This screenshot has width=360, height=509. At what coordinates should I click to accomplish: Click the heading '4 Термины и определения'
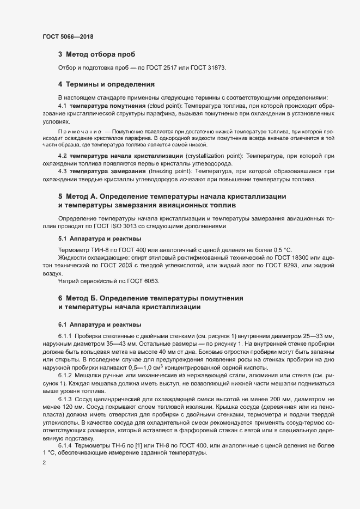point(106,84)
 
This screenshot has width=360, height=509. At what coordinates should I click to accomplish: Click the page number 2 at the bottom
point(45,463)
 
